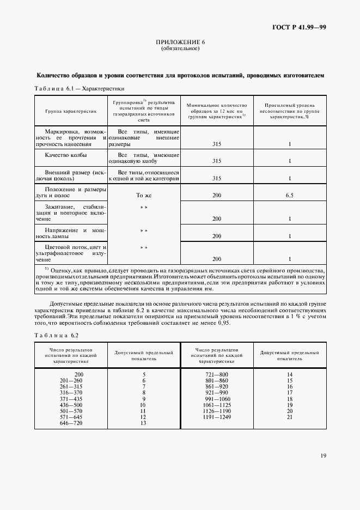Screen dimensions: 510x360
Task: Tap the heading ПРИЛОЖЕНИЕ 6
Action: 180,42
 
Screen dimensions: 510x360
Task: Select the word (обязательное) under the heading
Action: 180,48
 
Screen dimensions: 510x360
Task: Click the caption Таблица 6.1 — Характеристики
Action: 80,88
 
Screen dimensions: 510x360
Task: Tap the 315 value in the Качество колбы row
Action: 216,161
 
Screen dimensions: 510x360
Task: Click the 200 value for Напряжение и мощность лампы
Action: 216,236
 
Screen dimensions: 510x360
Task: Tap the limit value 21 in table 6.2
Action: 290,417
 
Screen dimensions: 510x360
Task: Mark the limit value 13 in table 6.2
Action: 144,423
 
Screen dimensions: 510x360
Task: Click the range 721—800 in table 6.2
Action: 216,374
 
